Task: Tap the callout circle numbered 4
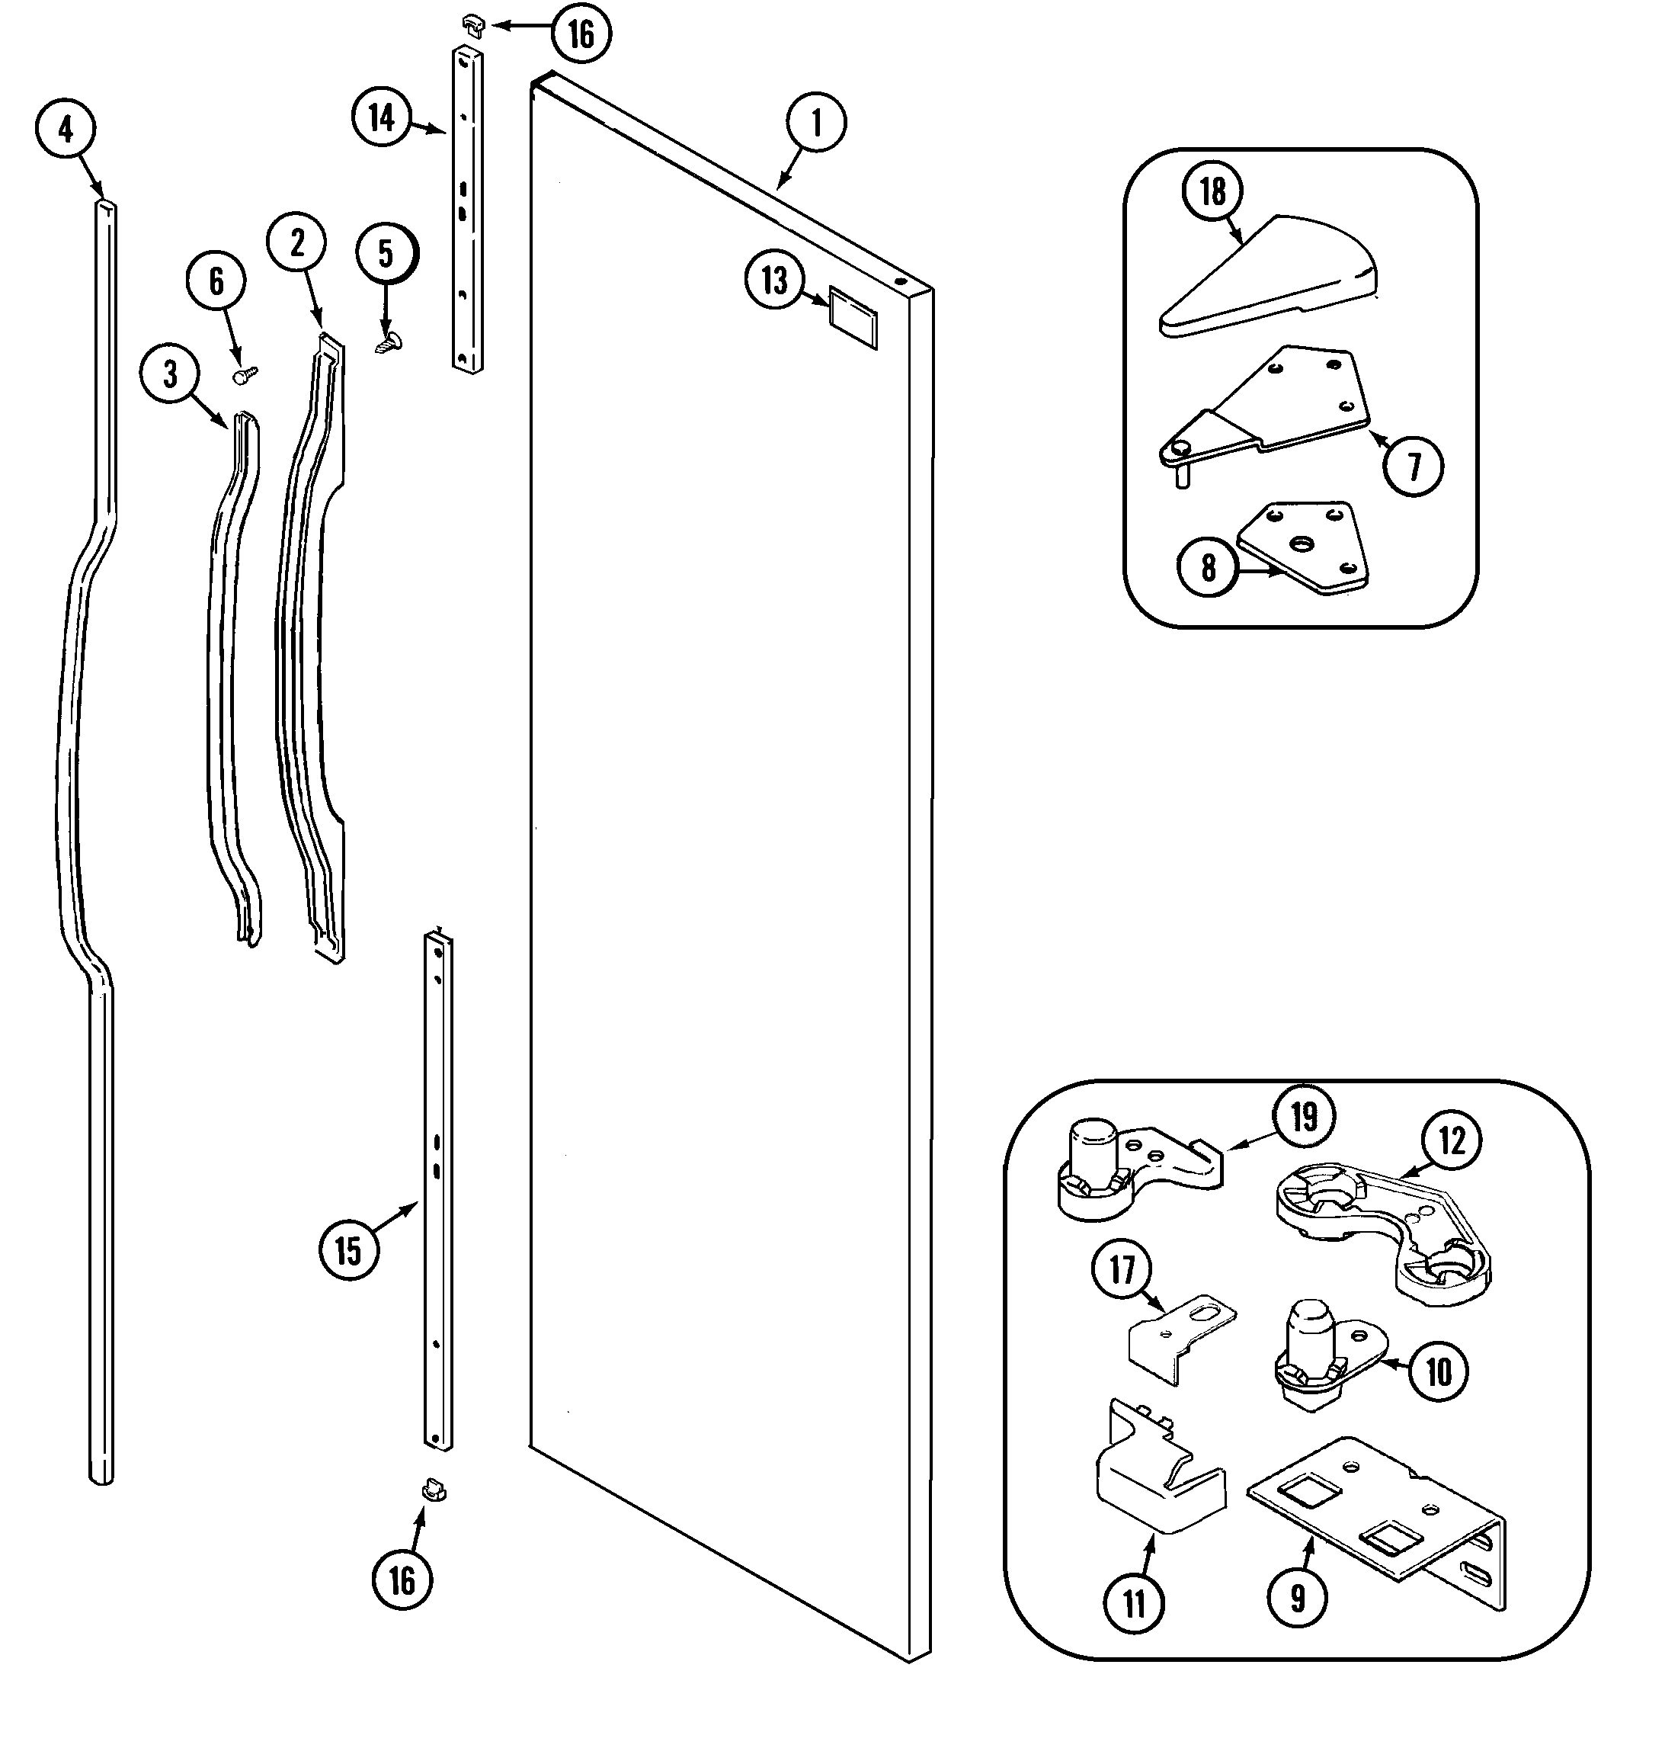pyautogui.click(x=66, y=130)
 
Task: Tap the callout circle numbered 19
pyautogui.click(x=1304, y=1118)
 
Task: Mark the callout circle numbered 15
pyautogui.click(x=349, y=1251)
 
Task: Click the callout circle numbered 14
pyautogui.click(x=382, y=117)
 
